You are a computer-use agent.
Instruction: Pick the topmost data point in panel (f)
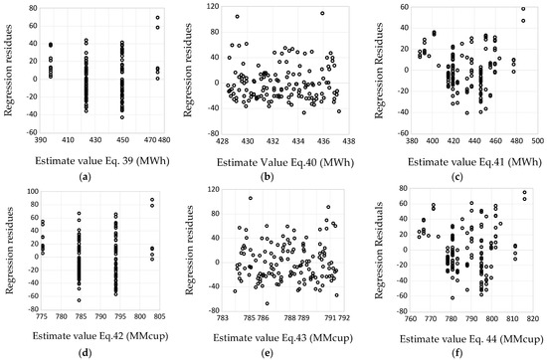524,193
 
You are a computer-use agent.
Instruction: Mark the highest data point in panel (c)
523,10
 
